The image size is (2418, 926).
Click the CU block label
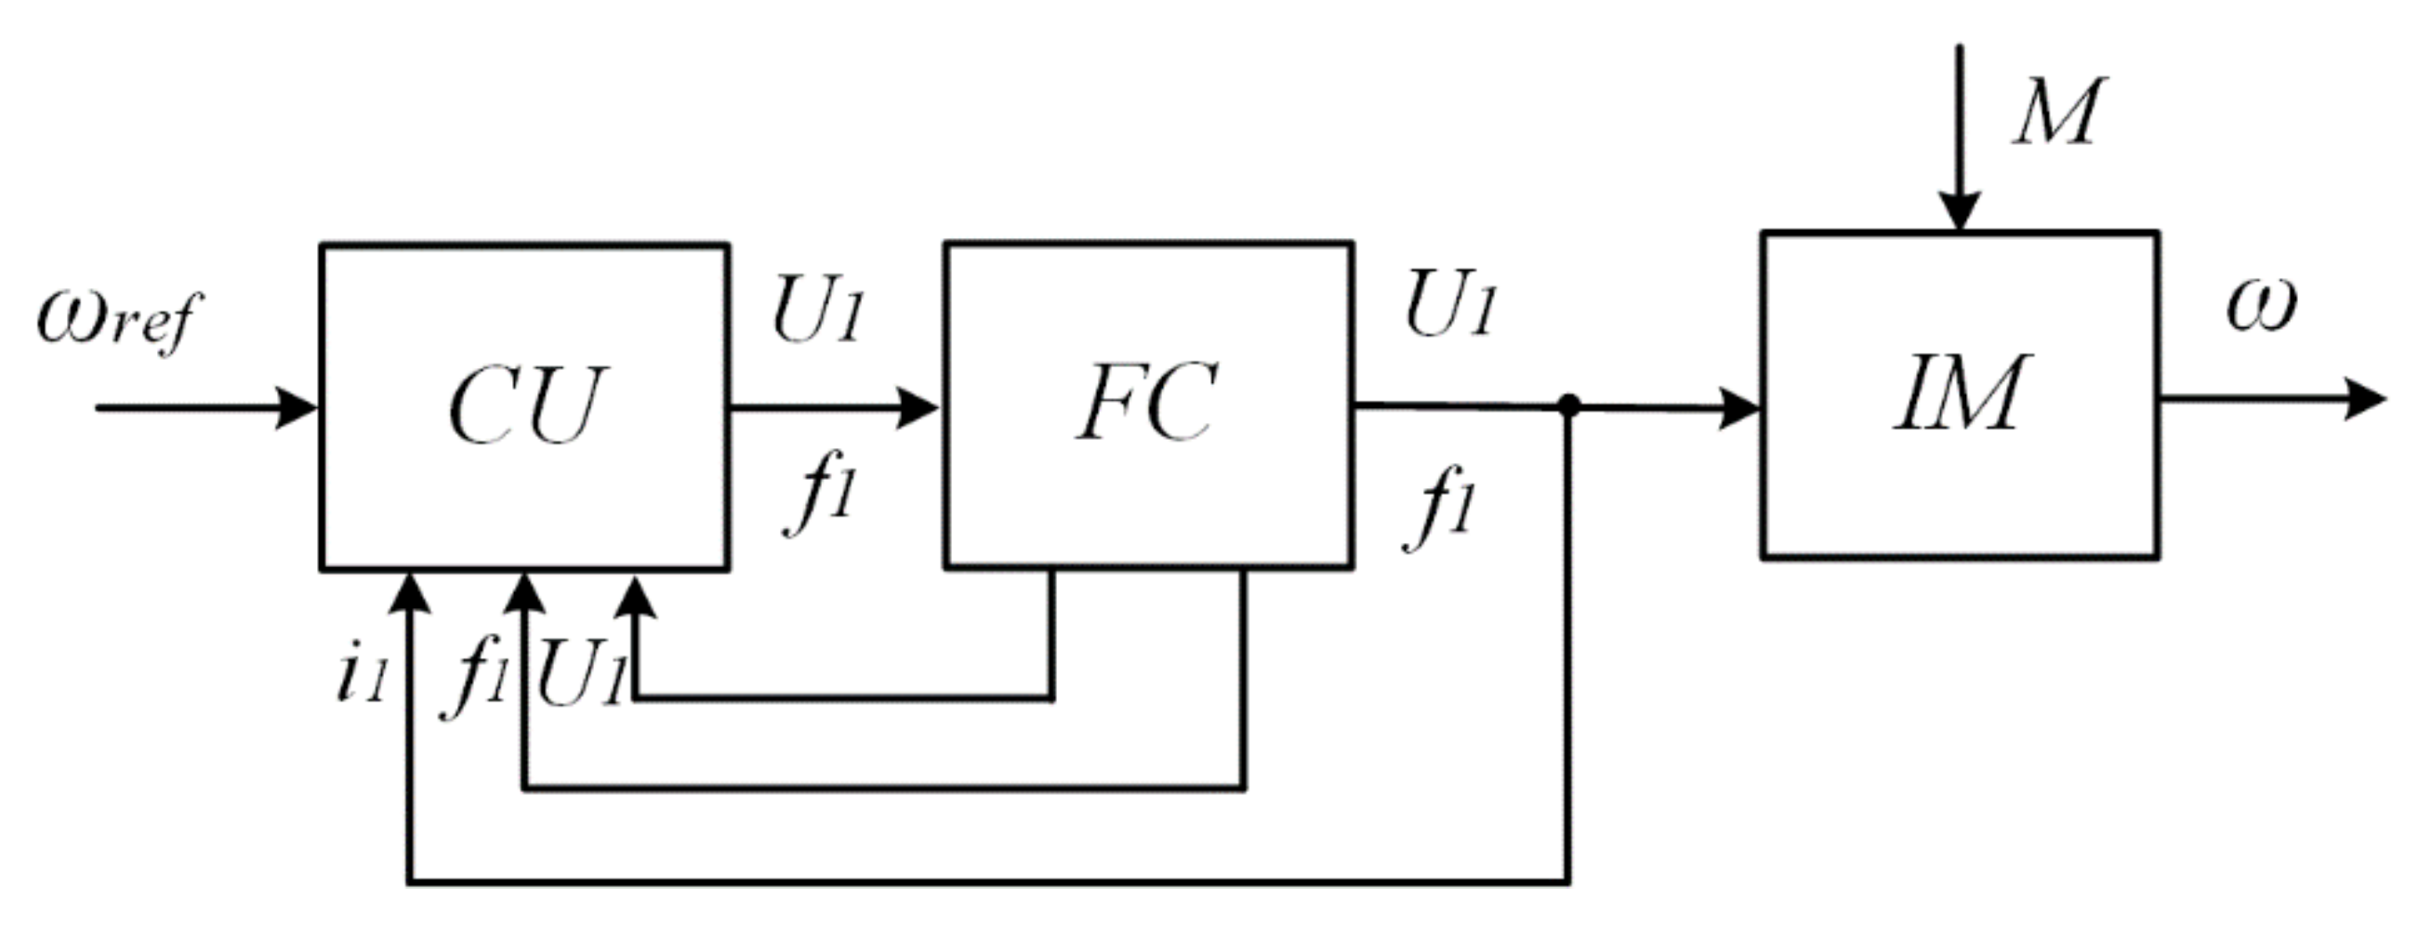(x=525, y=405)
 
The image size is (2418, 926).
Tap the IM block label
(x=1960, y=394)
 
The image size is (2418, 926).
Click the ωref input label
(x=118, y=319)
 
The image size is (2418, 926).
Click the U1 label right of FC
(x=1449, y=304)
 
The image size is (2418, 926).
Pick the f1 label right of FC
(x=1440, y=512)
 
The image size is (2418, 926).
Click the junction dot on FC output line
(x=1568, y=405)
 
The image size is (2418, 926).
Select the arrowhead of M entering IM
(x=1959, y=210)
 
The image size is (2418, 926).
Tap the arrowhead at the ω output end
(x=2365, y=399)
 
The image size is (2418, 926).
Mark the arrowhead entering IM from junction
(x=1738, y=408)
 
